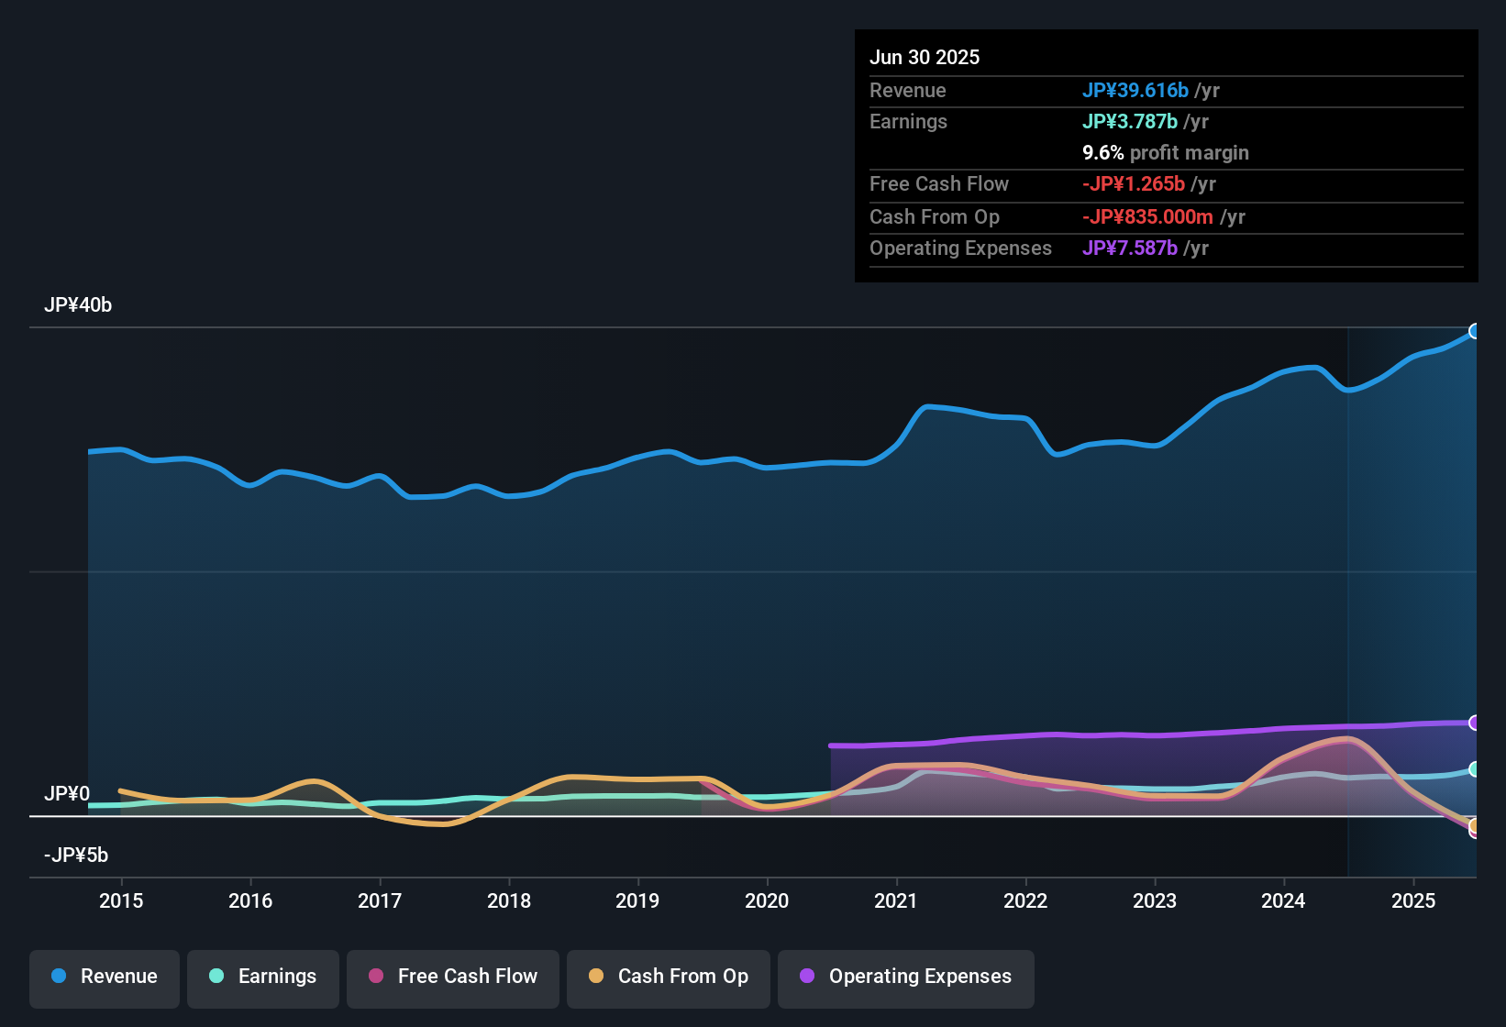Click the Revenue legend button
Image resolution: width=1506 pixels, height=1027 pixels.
pyautogui.click(x=105, y=977)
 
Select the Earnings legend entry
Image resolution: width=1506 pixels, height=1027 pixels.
pyautogui.click(x=263, y=977)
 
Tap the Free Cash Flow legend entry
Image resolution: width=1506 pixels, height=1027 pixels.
pyautogui.click(x=453, y=977)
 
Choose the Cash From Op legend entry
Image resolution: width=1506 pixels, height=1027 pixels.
pyautogui.click(x=669, y=977)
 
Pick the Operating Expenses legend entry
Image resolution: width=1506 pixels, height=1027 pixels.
pyautogui.click(x=906, y=977)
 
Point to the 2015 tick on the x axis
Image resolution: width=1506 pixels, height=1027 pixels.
pyautogui.click(x=121, y=900)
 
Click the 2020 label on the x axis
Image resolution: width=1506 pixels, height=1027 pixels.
pyautogui.click(x=767, y=900)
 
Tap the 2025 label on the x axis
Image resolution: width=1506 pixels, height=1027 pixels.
pyautogui.click(x=1412, y=900)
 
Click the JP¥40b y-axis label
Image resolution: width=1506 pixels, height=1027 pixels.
pyautogui.click(x=78, y=305)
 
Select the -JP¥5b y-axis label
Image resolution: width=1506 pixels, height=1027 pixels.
pyautogui.click(x=76, y=856)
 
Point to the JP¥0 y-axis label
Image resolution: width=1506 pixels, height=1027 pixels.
pyautogui.click(x=67, y=794)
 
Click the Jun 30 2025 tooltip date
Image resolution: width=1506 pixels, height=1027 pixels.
pyautogui.click(x=925, y=58)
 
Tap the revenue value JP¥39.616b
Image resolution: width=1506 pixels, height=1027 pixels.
pyautogui.click(x=1135, y=91)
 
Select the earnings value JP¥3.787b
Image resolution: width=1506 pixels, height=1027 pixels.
pyautogui.click(x=1130, y=122)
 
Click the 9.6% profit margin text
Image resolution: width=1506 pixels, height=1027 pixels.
pyautogui.click(x=1166, y=153)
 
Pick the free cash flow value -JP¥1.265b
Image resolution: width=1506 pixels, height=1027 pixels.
pyautogui.click(x=1134, y=184)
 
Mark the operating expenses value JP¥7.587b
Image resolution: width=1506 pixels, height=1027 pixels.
pyautogui.click(x=1130, y=248)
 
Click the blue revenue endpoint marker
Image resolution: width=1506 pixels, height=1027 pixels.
pyautogui.click(x=1475, y=331)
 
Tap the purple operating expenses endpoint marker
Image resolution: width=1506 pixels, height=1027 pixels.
pyautogui.click(x=1475, y=723)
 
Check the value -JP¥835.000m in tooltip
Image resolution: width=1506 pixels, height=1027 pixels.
pyautogui.click(x=1147, y=217)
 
